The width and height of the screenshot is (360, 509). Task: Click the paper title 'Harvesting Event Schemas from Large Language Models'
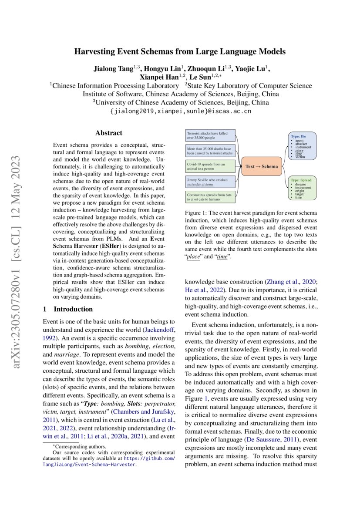click(180, 51)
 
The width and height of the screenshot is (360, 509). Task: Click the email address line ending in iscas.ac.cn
click(180, 111)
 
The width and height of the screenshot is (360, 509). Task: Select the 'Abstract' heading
click(109, 133)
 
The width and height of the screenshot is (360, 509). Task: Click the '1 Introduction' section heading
click(67, 309)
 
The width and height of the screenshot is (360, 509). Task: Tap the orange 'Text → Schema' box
click(261, 166)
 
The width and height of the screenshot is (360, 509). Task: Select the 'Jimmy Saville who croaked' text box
click(210, 182)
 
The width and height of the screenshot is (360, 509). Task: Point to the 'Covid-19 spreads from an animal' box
click(210, 166)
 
